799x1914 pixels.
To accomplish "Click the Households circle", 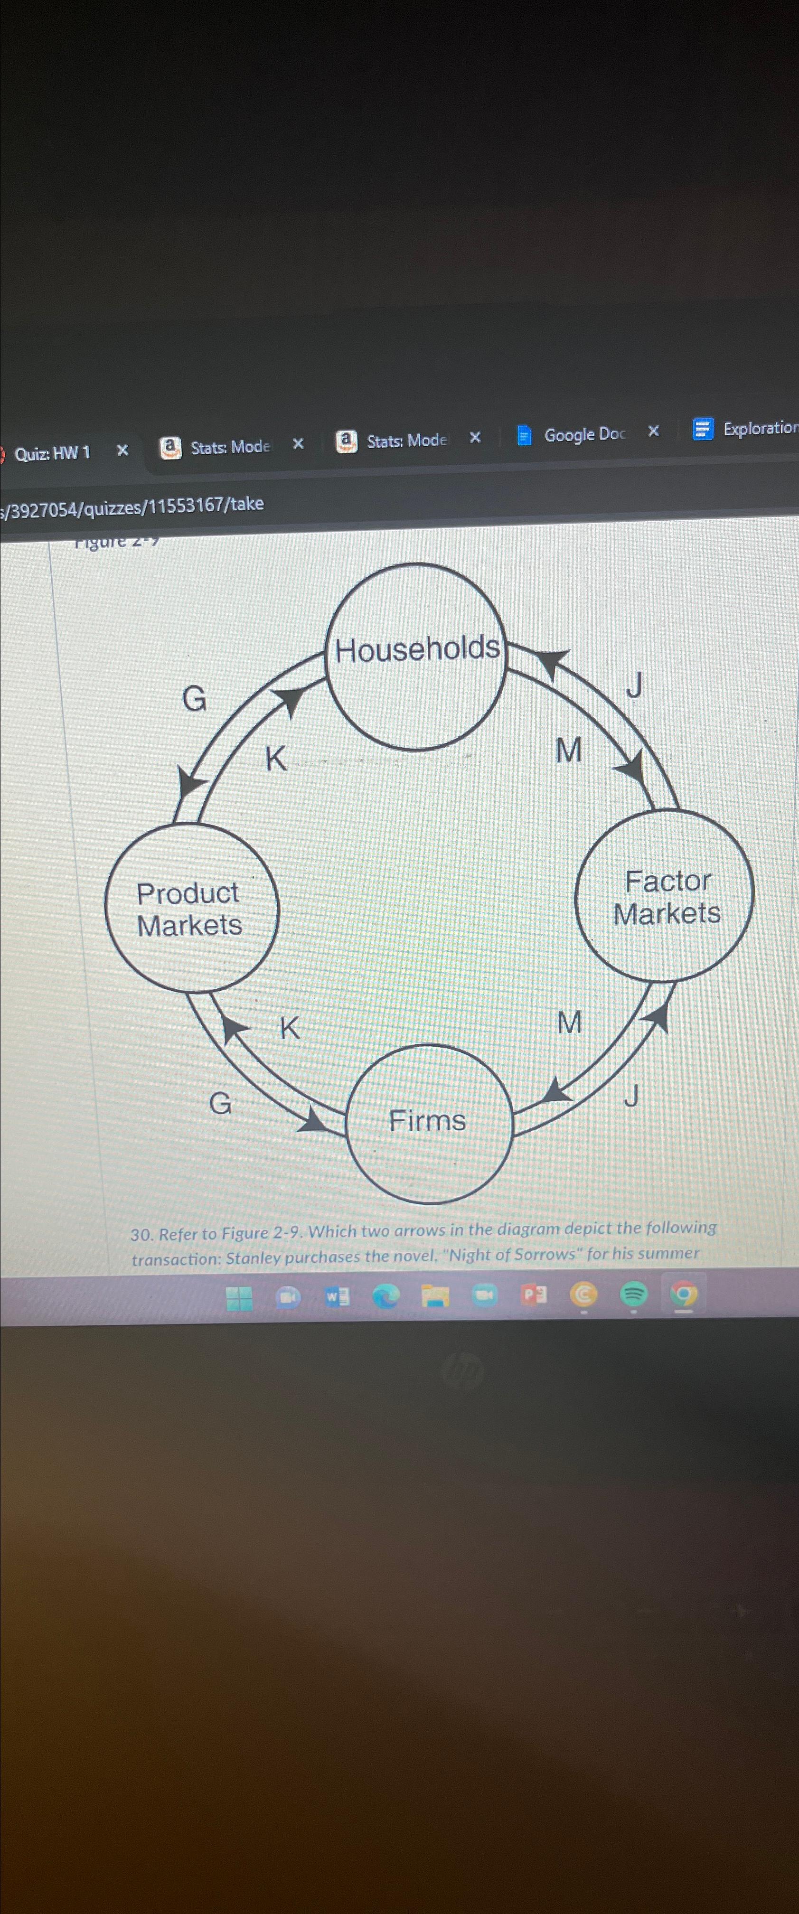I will (416, 657).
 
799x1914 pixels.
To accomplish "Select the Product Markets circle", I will (191, 908).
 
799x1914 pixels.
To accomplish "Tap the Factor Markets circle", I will (665, 897).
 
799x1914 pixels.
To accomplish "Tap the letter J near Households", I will (634, 685).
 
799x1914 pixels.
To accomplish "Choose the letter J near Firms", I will (631, 1095).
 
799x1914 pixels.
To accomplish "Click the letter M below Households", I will (569, 751).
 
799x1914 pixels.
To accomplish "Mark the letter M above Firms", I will (569, 1023).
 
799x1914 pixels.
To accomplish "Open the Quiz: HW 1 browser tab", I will (53, 452).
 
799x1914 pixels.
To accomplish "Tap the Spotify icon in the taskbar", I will (633, 1295).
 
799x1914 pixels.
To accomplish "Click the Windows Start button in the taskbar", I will (239, 1298).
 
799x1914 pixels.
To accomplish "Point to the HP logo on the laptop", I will (462, 1371).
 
